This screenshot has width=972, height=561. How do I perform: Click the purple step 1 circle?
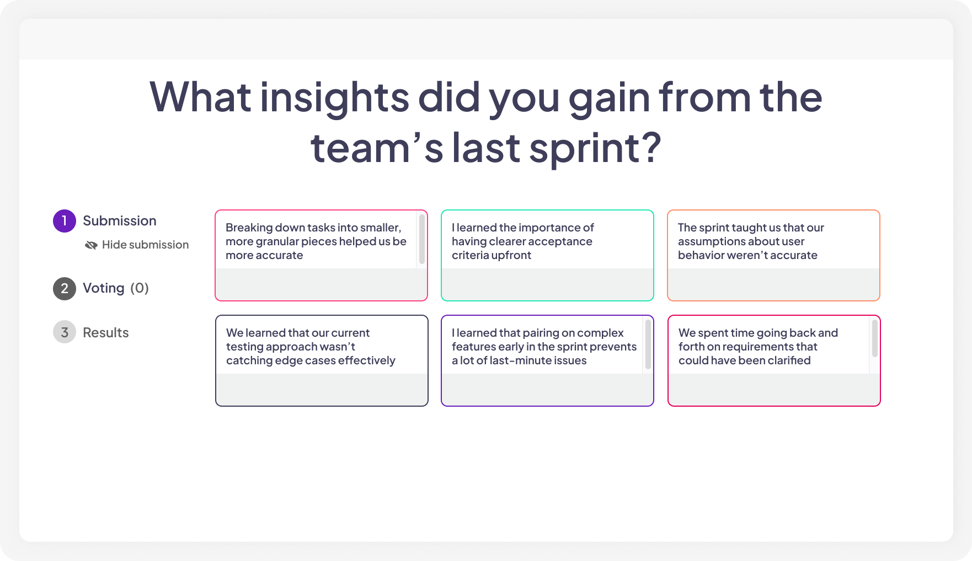click(65, 221)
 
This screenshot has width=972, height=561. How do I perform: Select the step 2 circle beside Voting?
click(65, 289)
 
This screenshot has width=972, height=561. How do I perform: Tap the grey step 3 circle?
click(65, 332)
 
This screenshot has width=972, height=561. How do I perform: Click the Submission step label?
click(119, 221)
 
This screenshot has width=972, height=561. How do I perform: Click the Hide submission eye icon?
click(91, 245)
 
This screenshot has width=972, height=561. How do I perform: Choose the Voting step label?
click(103, 288)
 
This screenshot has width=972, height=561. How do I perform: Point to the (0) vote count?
click(140, 288)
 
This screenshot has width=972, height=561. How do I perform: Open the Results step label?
click(105, 333)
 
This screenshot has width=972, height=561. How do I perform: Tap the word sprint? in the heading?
click(595, 148)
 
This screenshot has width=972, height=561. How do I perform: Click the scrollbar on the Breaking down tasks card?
click(422, 239)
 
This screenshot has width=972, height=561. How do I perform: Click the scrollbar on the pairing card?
click(648, 344)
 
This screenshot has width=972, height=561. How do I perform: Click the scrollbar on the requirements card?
click(875, 338)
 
